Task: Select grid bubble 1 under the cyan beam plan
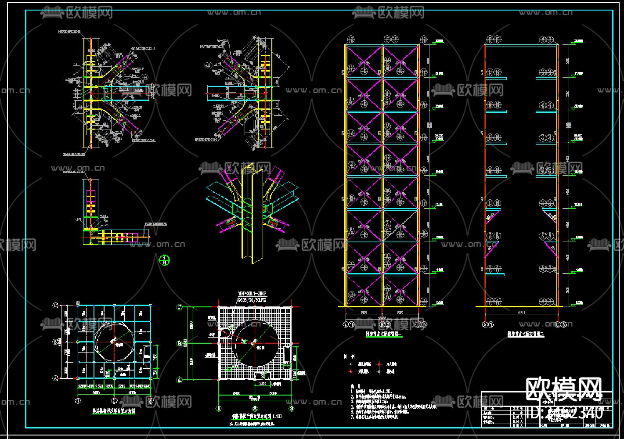(x=78, y=400)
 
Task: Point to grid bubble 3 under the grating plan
(x=291, y=408)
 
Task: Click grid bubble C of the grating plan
(x=179, y=307)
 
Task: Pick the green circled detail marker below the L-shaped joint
(x=164, y=260)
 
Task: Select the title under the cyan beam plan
(x=113, y=411)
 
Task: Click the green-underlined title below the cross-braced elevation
(x=384, y=334)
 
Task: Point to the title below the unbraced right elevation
(x=526, y=334)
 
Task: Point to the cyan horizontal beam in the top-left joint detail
(x=127, y=93)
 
